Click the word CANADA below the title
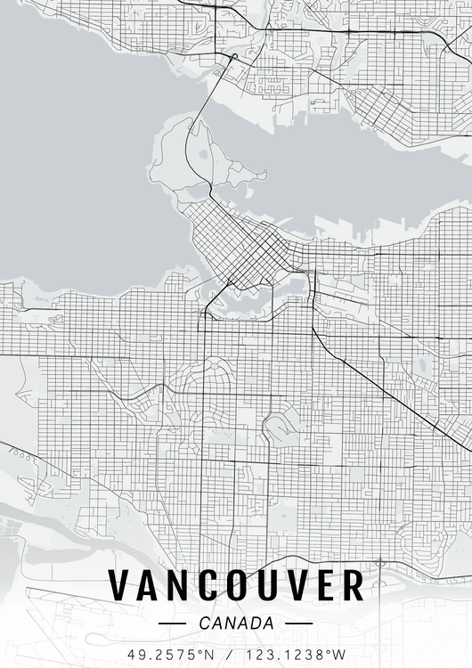pos(236,623)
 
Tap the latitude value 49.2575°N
pos(172,654)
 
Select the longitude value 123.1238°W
pos(296,654)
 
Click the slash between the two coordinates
pos(232,654)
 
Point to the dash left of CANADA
pos(171,623)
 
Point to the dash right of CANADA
pos(299,623)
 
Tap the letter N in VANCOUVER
pos(177,586)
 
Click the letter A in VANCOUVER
pos(148,586)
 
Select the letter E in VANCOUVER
pos(324,586)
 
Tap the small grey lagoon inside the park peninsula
pos(204,153)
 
